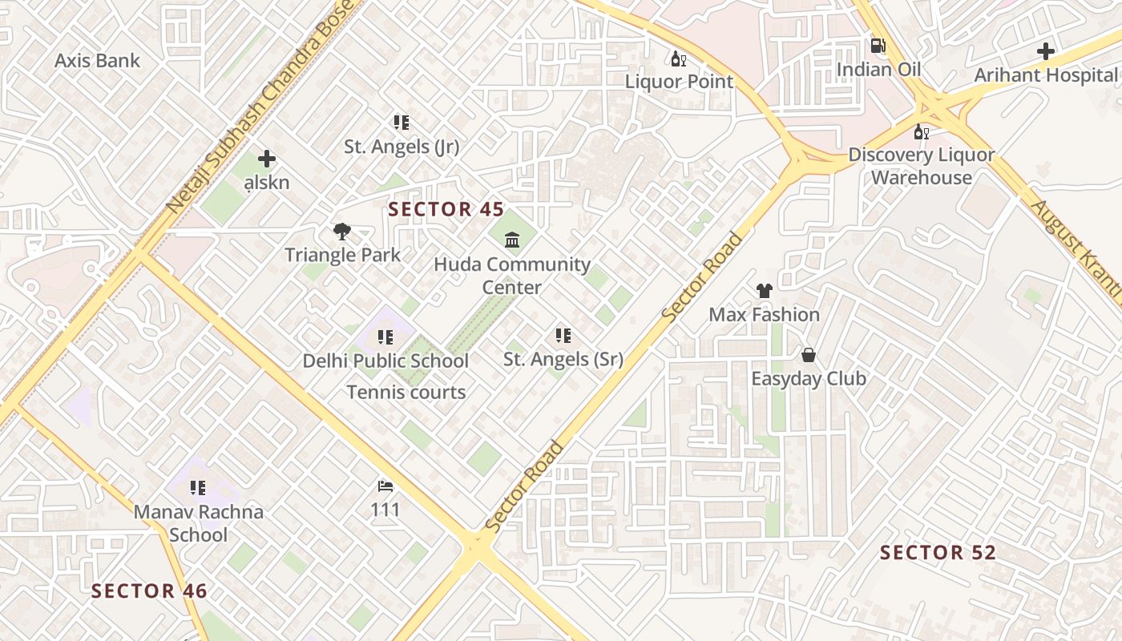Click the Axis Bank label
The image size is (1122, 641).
97,61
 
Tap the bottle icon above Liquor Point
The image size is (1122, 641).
679,58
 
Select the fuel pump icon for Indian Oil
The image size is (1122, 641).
878,46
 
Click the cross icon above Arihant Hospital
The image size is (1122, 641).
1046,52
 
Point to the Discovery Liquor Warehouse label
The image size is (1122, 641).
921,166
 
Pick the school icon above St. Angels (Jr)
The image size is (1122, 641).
402,123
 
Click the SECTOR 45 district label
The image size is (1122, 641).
446,210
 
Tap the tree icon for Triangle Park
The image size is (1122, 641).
342,232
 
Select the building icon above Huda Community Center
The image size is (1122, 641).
512,240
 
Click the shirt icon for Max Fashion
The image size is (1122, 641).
764,291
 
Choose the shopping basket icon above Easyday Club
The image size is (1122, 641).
809,355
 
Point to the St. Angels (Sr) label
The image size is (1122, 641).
563,360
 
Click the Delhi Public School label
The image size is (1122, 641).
385,361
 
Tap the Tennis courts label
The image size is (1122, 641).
406,393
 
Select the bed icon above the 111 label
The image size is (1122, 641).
385,486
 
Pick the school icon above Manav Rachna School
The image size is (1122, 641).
198,488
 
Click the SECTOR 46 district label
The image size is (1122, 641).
149,591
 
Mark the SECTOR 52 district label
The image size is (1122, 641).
938,553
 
